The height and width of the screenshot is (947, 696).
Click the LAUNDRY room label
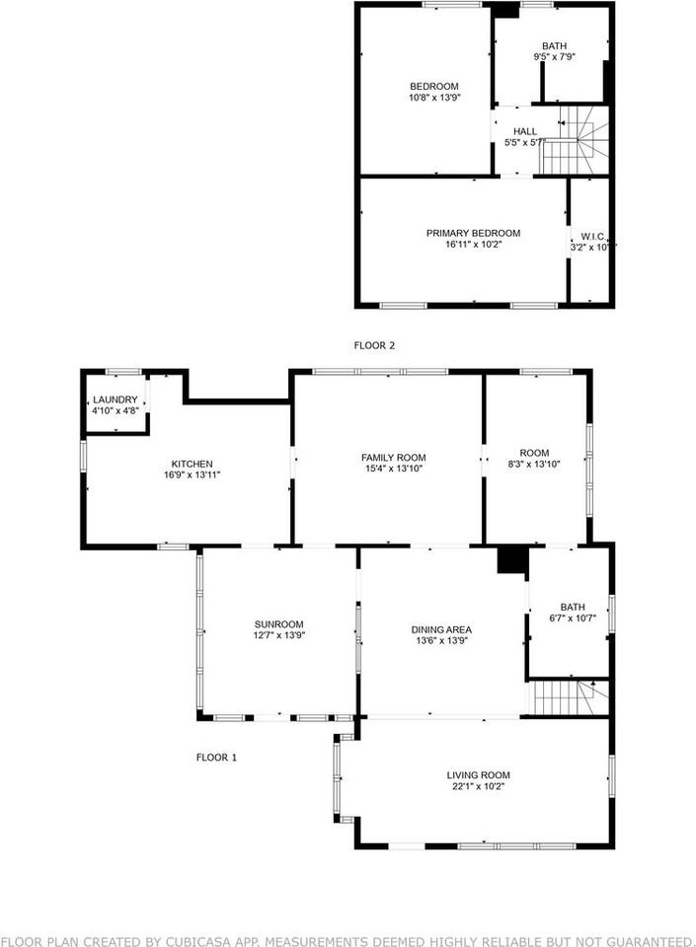coord(115,400)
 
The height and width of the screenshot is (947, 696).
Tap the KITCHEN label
coord(192,464)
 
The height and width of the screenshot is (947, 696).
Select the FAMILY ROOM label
coord(393,458)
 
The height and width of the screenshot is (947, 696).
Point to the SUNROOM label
coord(278,624)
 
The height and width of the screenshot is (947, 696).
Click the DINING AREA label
coord(441,629)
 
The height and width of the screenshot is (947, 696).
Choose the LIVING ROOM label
coord(478,775)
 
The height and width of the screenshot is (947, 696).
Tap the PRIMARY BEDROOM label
coord(473,233)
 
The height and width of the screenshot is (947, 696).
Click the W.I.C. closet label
coord(592,236)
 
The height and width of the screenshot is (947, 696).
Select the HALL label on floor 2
coord(525,131)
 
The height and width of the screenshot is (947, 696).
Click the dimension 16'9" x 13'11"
coord(192,474)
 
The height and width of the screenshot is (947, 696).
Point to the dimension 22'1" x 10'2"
coord(478,786)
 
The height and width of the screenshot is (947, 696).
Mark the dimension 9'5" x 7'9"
coord(554,57)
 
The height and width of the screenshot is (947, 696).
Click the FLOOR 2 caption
coord(374,345)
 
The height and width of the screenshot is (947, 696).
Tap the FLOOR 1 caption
coord(216,758)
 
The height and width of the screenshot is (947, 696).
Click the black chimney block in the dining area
coord(511,559)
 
